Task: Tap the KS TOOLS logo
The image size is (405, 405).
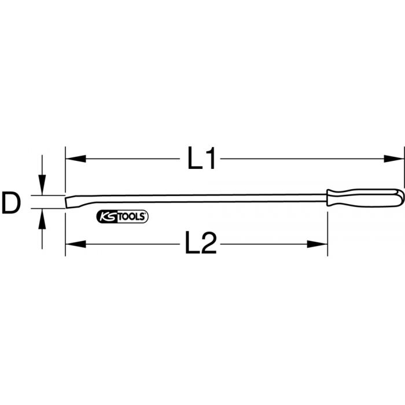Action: [122, 217]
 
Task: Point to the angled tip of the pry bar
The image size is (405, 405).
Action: [69, 201]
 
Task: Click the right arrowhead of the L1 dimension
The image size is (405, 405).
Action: [398, 157]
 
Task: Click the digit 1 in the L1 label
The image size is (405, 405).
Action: [211, 159]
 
